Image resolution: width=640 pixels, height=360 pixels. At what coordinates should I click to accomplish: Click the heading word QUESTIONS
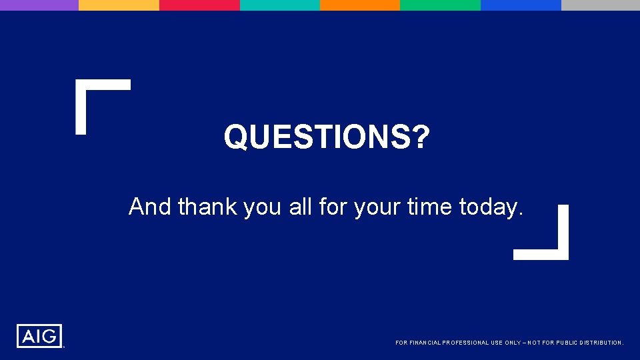pyautogui.click(x=317, y=137)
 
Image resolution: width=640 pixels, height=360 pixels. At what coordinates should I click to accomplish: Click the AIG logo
pyautogui.click(x=39, y=336)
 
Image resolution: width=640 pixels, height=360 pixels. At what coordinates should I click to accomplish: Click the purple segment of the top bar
pyautogui.click(x=39, y=5)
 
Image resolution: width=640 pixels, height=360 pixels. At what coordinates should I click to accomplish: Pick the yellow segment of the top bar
pyautogui.click(x=119, y=5)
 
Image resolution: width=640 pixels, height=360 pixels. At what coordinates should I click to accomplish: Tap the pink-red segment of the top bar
pyautogui.click(x=199, y=5)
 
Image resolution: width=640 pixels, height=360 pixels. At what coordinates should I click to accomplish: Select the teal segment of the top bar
pyautogui.click(x=279, y=5)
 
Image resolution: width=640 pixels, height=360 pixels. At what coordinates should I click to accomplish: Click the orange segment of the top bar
pyautogui.click(x=359, y=5)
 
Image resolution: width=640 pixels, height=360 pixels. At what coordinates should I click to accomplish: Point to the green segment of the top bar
pyautogui.click(x=440, y=5)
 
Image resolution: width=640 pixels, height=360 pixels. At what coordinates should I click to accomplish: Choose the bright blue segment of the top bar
pyautogui.click(x=521, y=5)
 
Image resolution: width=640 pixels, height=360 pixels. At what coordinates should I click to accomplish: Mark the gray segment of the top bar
pyautogui.click(x=601, y=5)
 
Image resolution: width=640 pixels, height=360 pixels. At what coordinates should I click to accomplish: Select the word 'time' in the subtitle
pyautogui.click(x=429, y=207)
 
